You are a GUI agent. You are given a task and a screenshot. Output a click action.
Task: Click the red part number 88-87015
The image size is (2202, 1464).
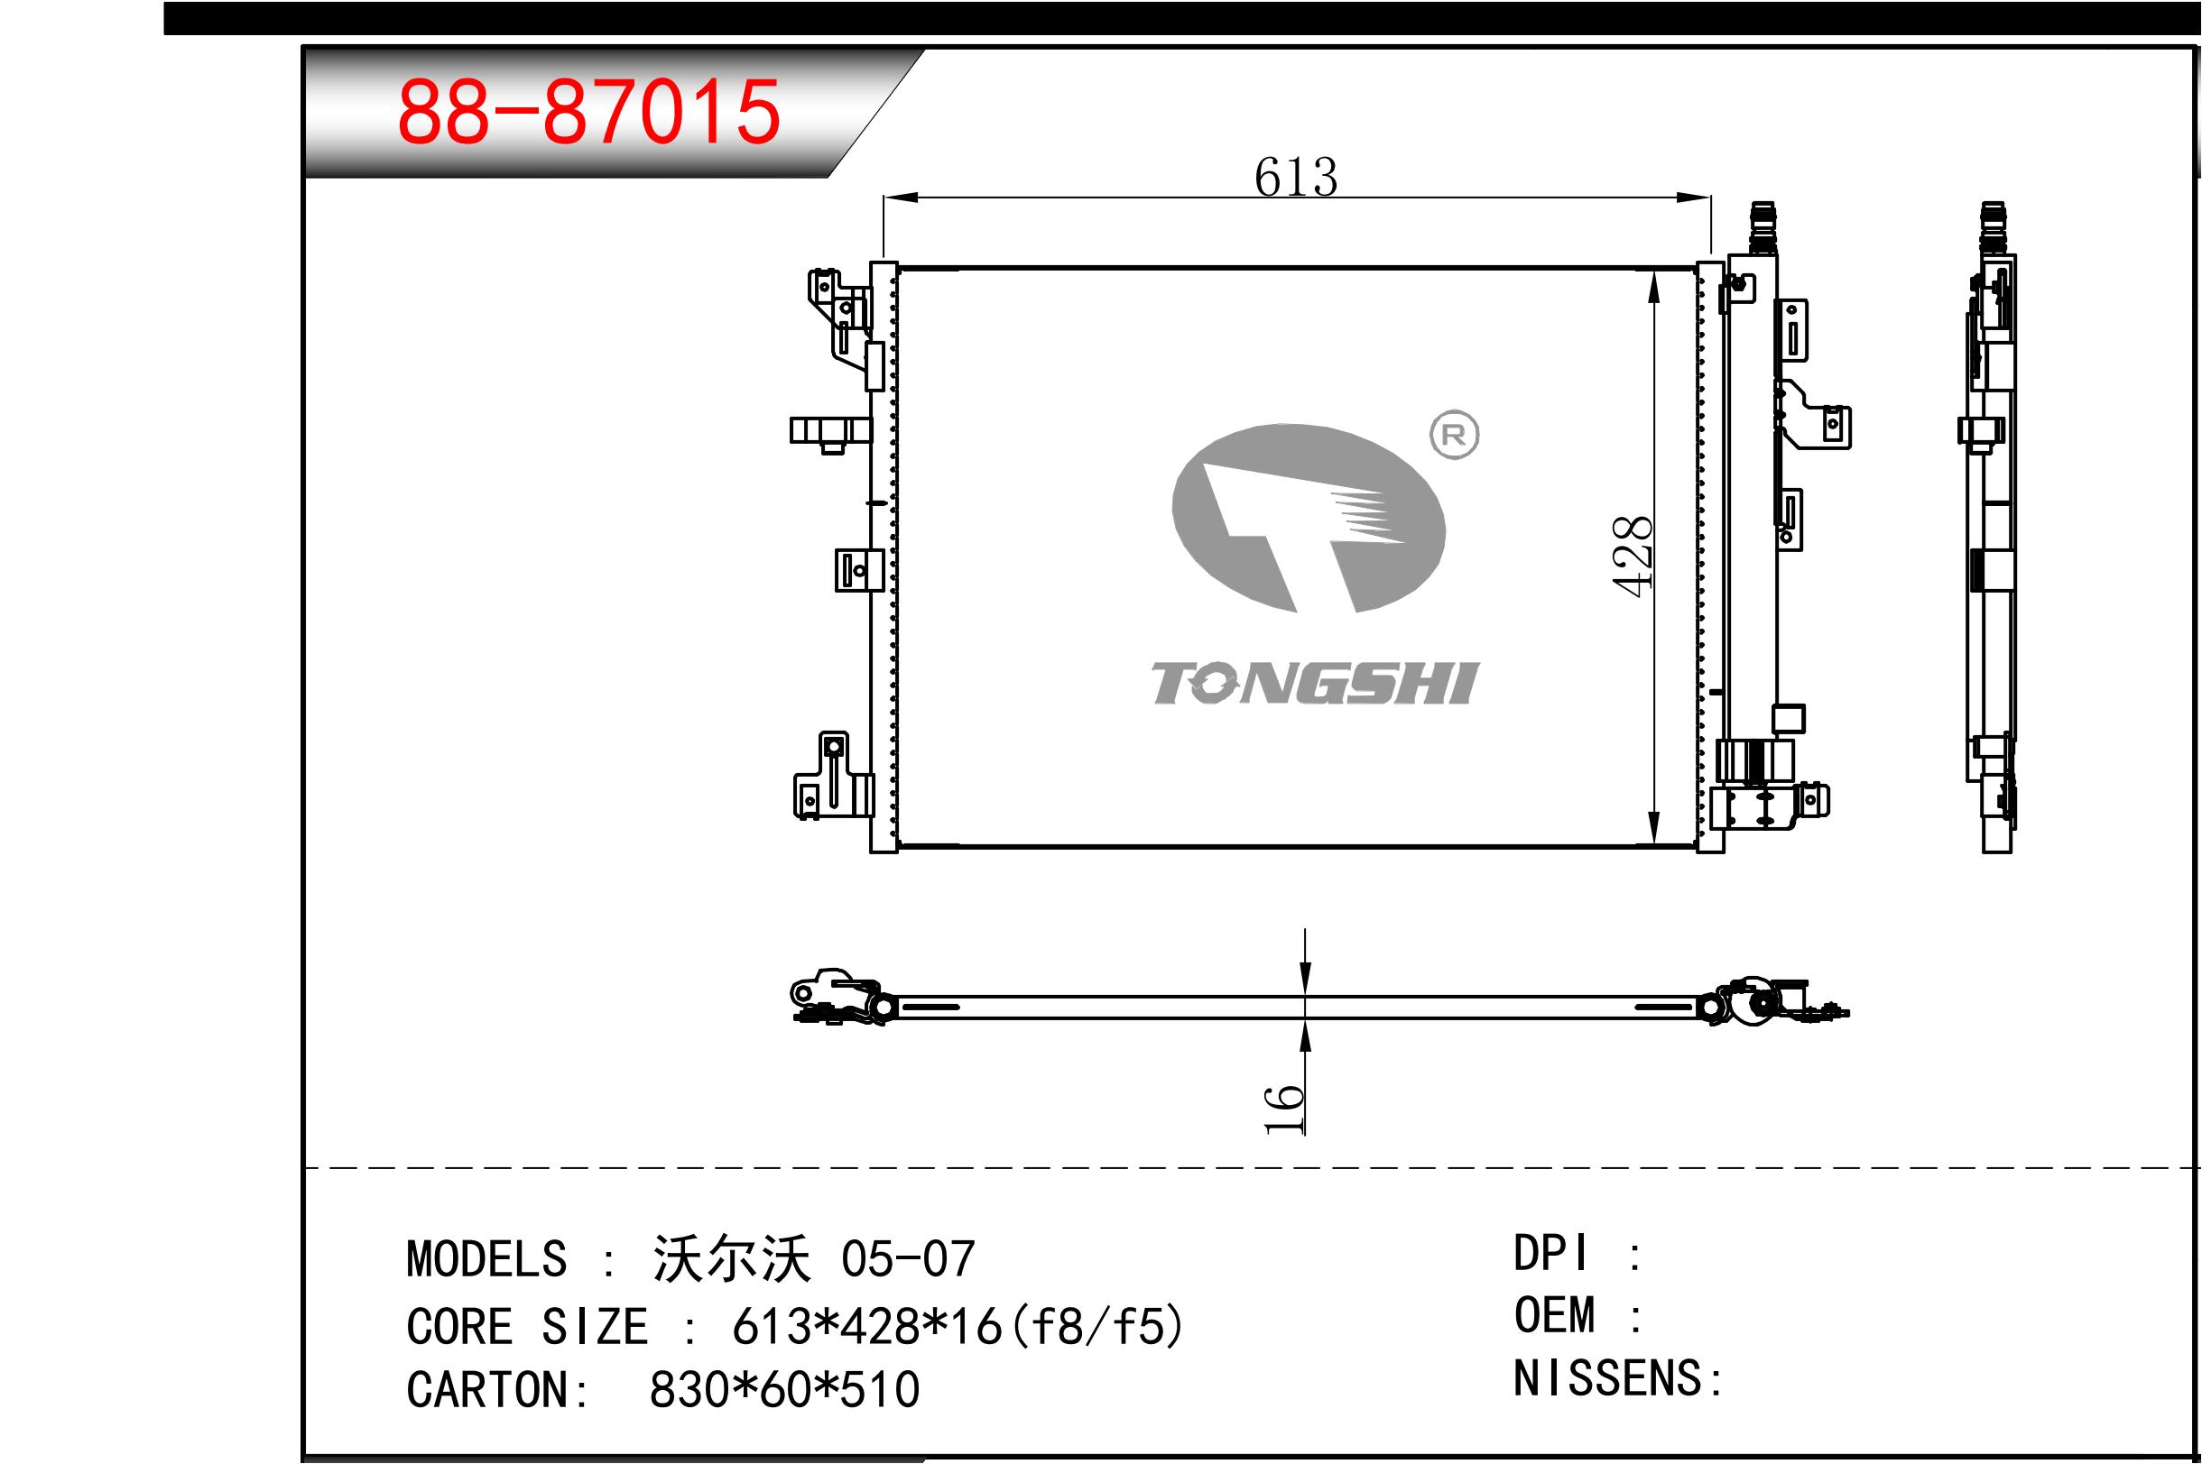[588, 112]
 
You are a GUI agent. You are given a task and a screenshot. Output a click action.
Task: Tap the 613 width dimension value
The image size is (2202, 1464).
[1295, 177]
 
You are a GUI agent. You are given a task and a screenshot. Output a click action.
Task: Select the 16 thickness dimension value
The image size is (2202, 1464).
[1285, 1110]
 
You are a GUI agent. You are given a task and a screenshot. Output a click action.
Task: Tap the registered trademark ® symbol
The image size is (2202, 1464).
[1454, 435]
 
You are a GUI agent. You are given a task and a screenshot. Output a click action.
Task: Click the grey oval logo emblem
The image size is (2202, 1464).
[1309, 518]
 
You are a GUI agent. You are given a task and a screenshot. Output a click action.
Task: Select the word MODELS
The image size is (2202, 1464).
[486, 1259]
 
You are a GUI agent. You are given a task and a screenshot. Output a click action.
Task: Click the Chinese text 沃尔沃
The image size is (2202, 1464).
[731, 1258]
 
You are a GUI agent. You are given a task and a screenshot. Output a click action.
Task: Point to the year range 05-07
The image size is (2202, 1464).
[908, 1259]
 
